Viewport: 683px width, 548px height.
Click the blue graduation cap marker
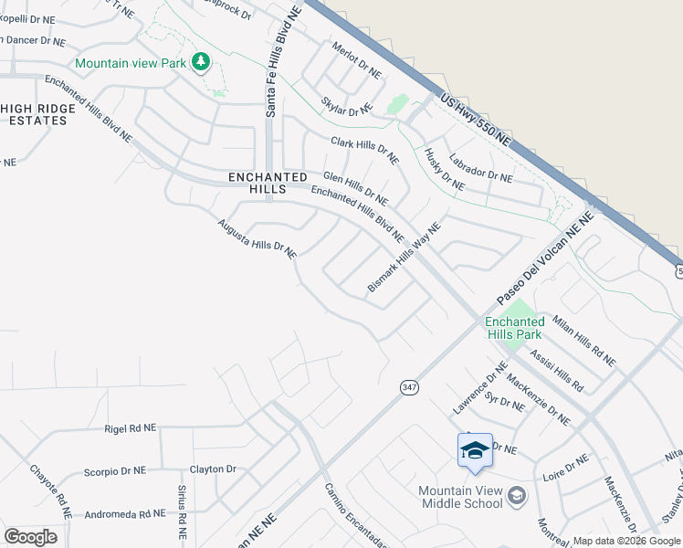coord(475,450)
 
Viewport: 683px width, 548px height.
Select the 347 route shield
coord(409,387)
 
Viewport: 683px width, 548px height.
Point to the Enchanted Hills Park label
coord(513,328)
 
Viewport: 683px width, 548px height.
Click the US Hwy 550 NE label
coord(474,120)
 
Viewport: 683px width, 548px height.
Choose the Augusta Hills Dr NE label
coord(257,237)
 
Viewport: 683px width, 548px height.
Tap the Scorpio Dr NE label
coord(114,471)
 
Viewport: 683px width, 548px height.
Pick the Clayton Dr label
coord(213,469)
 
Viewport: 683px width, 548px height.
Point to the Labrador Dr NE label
coord(480,175)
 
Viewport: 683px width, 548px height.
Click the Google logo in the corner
coord(30,536)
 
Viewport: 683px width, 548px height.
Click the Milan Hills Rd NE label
coord(585,342)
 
